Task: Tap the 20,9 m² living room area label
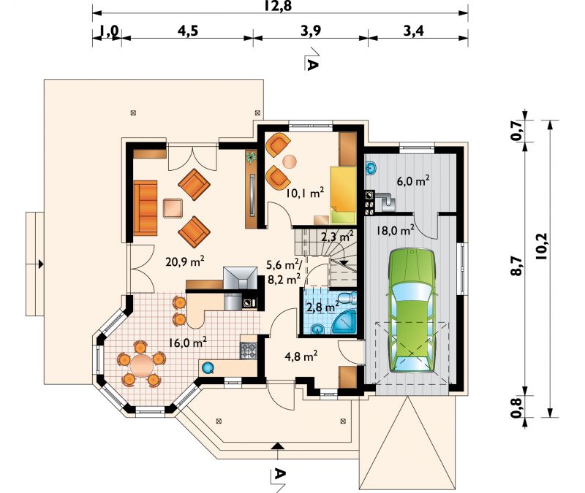pos(185,261)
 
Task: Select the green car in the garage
pos(412,310)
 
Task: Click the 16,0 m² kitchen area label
pos(188,342)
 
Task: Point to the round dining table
pos(142,364)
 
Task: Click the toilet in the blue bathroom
pos(346,298)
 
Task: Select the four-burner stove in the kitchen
pos(249,351)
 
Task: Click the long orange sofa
pos(146,208)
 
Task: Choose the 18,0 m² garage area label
pos(395,230)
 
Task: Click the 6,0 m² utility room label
pos(414,180)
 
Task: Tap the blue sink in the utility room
pos(371,168)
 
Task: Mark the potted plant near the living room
pos(251,157)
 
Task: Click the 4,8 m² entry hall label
pos(301,356)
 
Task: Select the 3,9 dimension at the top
pos(311,31)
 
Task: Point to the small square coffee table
pos(173,208)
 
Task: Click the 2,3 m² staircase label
pos(337,236)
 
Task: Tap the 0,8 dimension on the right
pos(516,408)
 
